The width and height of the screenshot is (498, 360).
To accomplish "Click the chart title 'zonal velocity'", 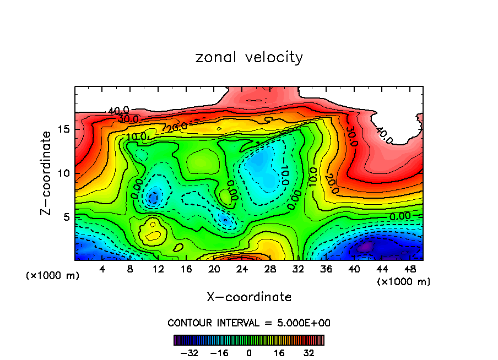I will [249, 57].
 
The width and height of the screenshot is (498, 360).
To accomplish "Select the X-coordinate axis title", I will [249, 297].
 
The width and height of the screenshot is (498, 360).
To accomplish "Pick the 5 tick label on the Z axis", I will [66, 216].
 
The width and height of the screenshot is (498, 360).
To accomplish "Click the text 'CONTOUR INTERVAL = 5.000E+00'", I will [249, 323].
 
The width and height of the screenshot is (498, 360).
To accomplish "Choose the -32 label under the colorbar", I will [188, 352].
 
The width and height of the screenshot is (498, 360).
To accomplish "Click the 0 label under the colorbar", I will [249, 352].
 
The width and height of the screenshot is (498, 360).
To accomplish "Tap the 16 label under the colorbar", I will [279, 352].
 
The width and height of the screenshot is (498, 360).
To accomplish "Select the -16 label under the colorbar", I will [219, 352].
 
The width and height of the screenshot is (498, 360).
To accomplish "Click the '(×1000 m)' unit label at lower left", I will [52, 276].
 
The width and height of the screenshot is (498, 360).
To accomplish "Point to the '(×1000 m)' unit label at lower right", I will [404, 281].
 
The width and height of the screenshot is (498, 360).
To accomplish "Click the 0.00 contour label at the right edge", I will [400, 216].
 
